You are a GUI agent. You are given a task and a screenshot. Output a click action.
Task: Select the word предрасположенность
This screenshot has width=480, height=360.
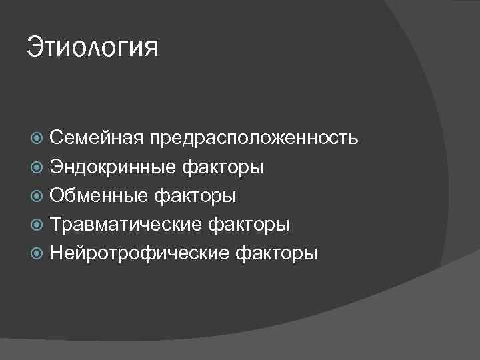254,139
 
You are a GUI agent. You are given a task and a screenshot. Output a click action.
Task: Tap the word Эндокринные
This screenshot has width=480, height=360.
113,167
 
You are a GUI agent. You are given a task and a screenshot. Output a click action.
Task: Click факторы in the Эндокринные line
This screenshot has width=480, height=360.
222,167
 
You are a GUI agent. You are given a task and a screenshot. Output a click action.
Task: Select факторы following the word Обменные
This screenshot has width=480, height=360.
195,196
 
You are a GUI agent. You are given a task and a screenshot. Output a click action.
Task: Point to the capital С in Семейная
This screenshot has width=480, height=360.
56,138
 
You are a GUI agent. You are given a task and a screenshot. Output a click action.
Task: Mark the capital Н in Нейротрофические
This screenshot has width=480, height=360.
56,253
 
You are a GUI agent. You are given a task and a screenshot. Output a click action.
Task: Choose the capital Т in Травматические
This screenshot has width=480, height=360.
56,224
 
